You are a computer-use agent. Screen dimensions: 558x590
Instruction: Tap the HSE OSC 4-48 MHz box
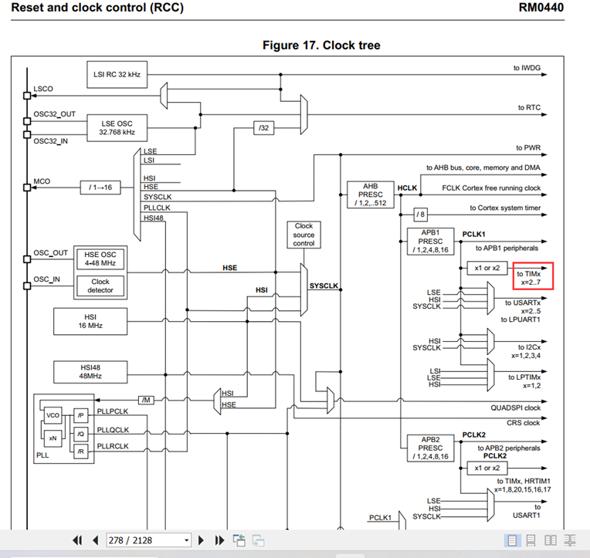click(x=100, y=258)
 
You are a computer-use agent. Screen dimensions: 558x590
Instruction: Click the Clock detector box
click(x=100, y=286)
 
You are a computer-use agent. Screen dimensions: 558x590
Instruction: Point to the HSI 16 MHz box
click(x=90, y=320)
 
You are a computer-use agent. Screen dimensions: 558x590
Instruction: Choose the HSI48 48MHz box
click(x=90, y=372)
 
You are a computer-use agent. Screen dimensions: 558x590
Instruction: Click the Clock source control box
click(x=303, y=235)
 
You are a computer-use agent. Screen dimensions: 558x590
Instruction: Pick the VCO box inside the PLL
click(x=53, y=415)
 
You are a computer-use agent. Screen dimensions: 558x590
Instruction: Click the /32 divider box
click(x=264, y=127)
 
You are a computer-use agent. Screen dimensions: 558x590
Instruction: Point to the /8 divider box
click(x=419, y=214)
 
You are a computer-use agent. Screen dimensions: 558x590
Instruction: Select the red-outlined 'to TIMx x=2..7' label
click(x=534, y=277)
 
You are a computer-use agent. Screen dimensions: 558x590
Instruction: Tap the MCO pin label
click(x=42, y=182)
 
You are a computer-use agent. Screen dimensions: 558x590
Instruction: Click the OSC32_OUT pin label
click(x=54, y=113)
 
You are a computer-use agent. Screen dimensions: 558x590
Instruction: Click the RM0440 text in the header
click(x=541, y=8)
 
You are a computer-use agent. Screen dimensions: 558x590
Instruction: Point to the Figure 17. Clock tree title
click(x=321, y=45)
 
